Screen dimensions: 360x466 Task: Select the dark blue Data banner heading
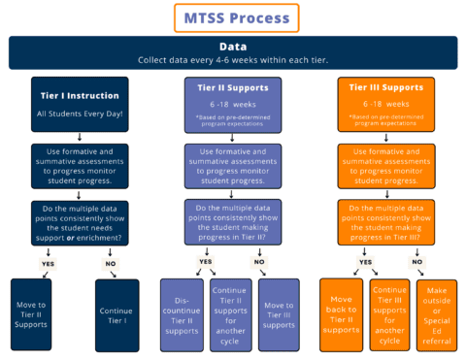[233, 52]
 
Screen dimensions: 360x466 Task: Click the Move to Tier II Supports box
[32, 313]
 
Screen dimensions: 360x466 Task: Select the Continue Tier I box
[116, 313]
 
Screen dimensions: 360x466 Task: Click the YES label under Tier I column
[46, 262]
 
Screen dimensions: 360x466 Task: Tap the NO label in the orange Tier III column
[418, 261]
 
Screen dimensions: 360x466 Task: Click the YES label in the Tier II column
[205, 261]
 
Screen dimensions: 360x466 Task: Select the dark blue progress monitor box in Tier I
[74, 166]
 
